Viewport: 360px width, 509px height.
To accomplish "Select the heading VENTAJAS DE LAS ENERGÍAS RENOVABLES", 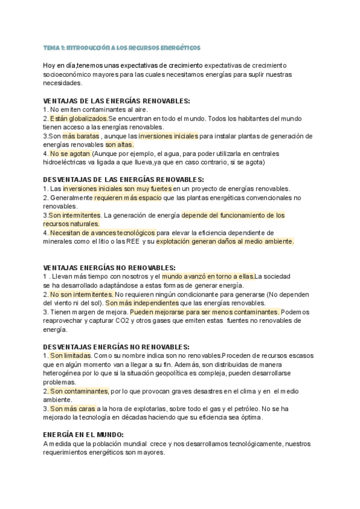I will click(117, 101).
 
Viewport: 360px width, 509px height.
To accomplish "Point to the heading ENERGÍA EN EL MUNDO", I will click(83, 434).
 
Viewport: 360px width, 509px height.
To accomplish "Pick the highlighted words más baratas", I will click(80, 136).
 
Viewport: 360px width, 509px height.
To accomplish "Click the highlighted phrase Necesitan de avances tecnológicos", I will click(102, 233).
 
